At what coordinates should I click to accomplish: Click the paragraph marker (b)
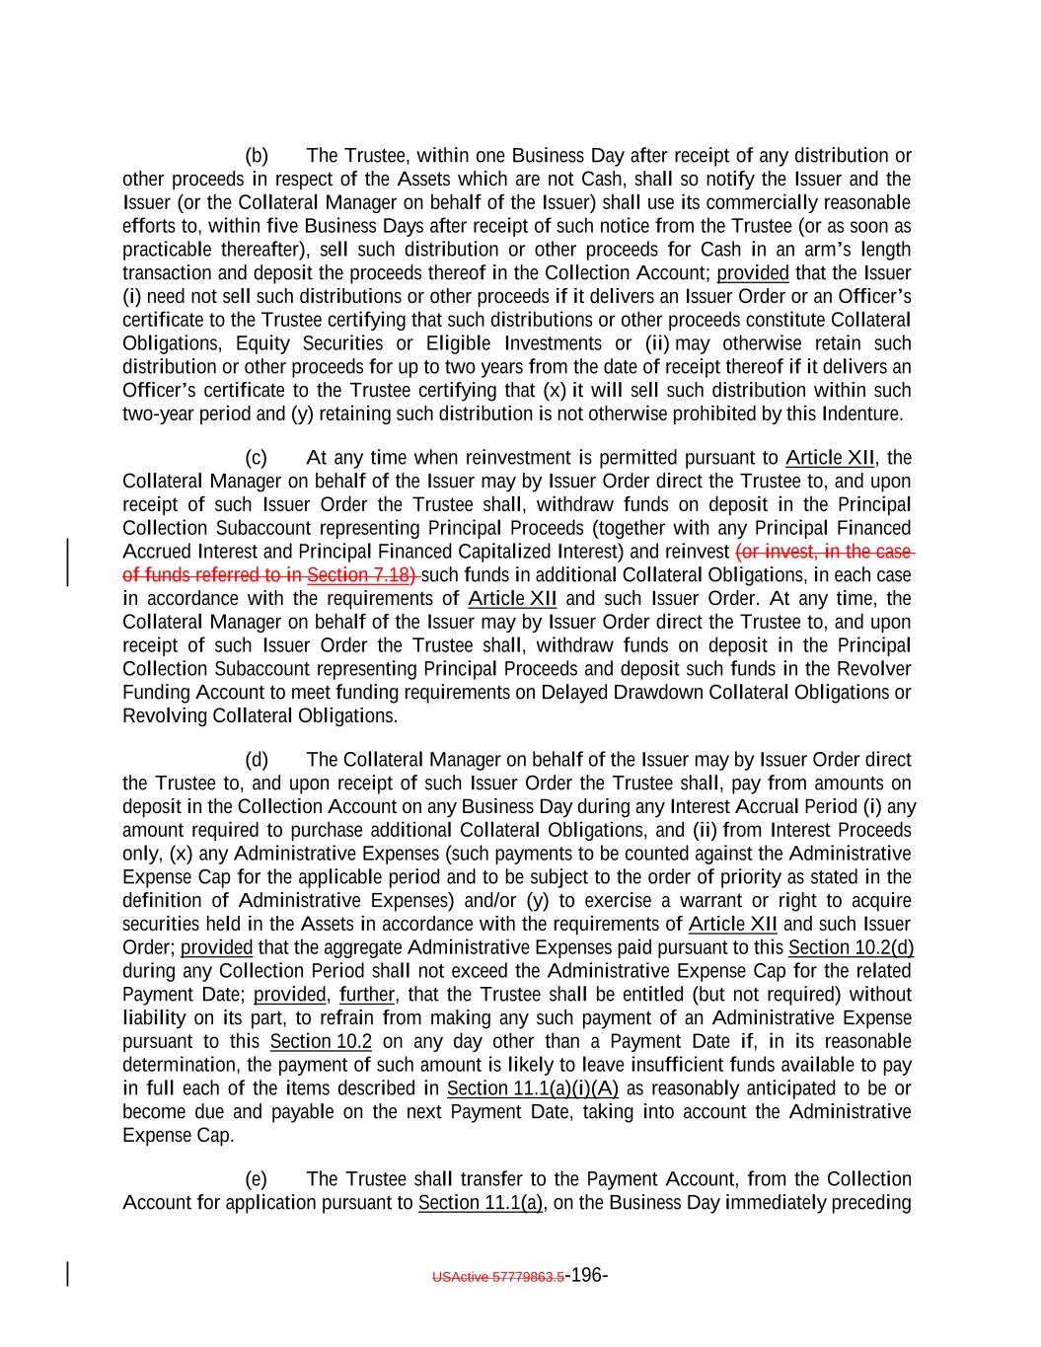pos(257,156)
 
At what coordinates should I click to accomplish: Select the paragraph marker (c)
pos(257,458)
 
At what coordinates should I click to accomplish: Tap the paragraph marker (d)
pos(257,760)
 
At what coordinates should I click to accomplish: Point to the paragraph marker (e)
pos(257,1179)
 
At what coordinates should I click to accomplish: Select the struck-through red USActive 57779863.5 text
pos(498,1277)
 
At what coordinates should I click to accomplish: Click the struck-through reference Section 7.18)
pos(361,575)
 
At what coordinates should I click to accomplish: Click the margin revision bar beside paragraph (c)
pos(67,563)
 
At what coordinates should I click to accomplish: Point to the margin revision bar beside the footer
pos(67,1274)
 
